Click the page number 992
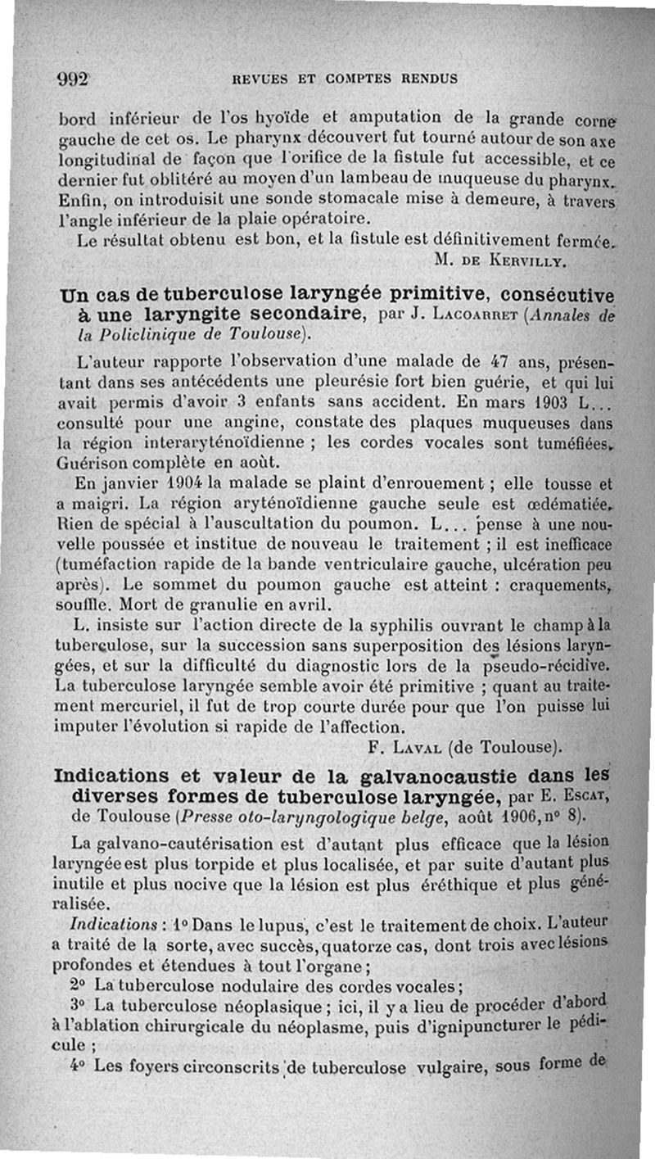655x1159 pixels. click(73, 79)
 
